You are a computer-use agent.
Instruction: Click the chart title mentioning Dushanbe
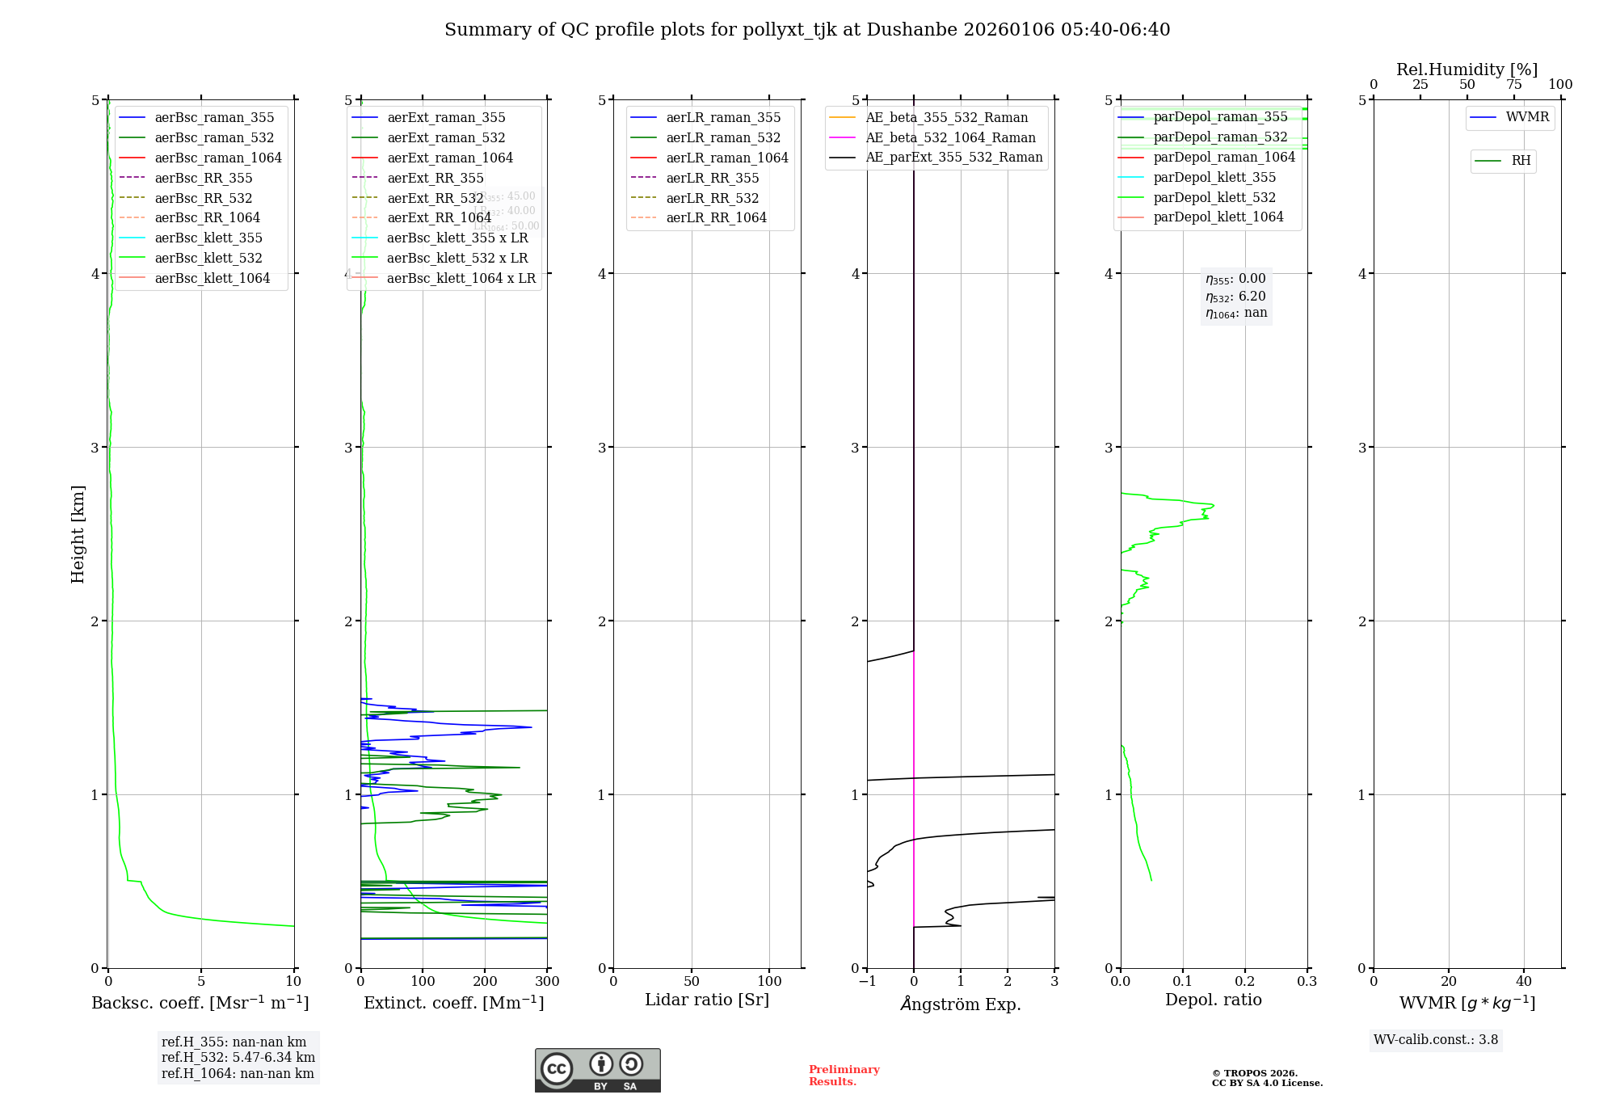point(807,30)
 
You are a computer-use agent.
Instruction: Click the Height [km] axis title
point(78,533)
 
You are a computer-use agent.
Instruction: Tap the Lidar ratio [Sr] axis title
point(707,1000)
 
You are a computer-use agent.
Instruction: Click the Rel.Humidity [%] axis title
point(1467,69)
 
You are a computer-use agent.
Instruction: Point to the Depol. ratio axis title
point(1213,1000)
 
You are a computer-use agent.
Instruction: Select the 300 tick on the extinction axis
point(548,982)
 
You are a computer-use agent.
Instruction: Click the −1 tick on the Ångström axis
point(866,982)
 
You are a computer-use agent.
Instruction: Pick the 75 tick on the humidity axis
point(1513,85)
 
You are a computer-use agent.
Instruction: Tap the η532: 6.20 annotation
point(1235,297)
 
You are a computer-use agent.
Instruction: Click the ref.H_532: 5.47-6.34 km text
point(238,1058)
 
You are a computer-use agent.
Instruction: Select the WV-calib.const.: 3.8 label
point(1436,1040)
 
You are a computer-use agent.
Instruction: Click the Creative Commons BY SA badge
point(597,1070)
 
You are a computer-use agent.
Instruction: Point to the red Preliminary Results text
point(844,1076)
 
